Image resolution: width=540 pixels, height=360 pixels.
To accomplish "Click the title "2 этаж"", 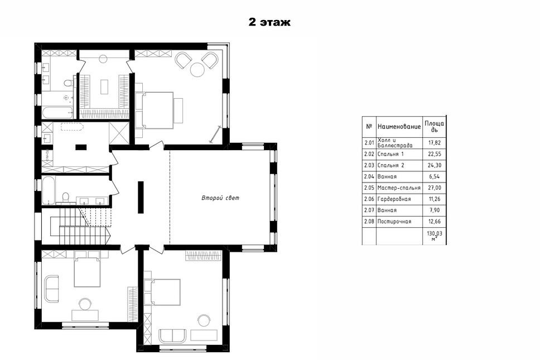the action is [269, 22].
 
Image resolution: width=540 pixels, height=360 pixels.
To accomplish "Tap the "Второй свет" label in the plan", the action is [220, 198].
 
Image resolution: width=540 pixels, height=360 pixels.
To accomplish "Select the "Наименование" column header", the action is [399, 127].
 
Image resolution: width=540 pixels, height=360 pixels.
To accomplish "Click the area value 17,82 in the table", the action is [434, 143].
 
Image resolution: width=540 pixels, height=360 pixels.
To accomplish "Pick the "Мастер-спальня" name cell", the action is [399, 188].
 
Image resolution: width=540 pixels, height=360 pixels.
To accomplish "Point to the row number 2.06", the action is [369, 199].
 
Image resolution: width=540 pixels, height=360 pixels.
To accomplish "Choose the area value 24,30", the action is [434, 165].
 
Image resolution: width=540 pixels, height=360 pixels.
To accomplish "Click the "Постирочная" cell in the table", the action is [394, 222].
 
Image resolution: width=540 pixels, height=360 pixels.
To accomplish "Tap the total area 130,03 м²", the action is [435, 236].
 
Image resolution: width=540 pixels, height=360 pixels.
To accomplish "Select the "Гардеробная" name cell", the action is [394, 199].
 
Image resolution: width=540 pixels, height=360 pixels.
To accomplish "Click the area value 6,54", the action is [434, 176].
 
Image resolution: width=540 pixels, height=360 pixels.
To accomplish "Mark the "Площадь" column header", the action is [434, 127].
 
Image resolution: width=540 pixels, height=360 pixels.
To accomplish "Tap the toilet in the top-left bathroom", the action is [69, 83].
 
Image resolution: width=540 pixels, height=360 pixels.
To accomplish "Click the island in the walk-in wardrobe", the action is [104, 87].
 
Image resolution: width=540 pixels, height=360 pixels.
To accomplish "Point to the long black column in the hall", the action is [141, 198].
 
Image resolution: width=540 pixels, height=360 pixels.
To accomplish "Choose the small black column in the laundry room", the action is [81, 147].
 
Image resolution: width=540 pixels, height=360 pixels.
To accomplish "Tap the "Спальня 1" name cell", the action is [390, 154].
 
